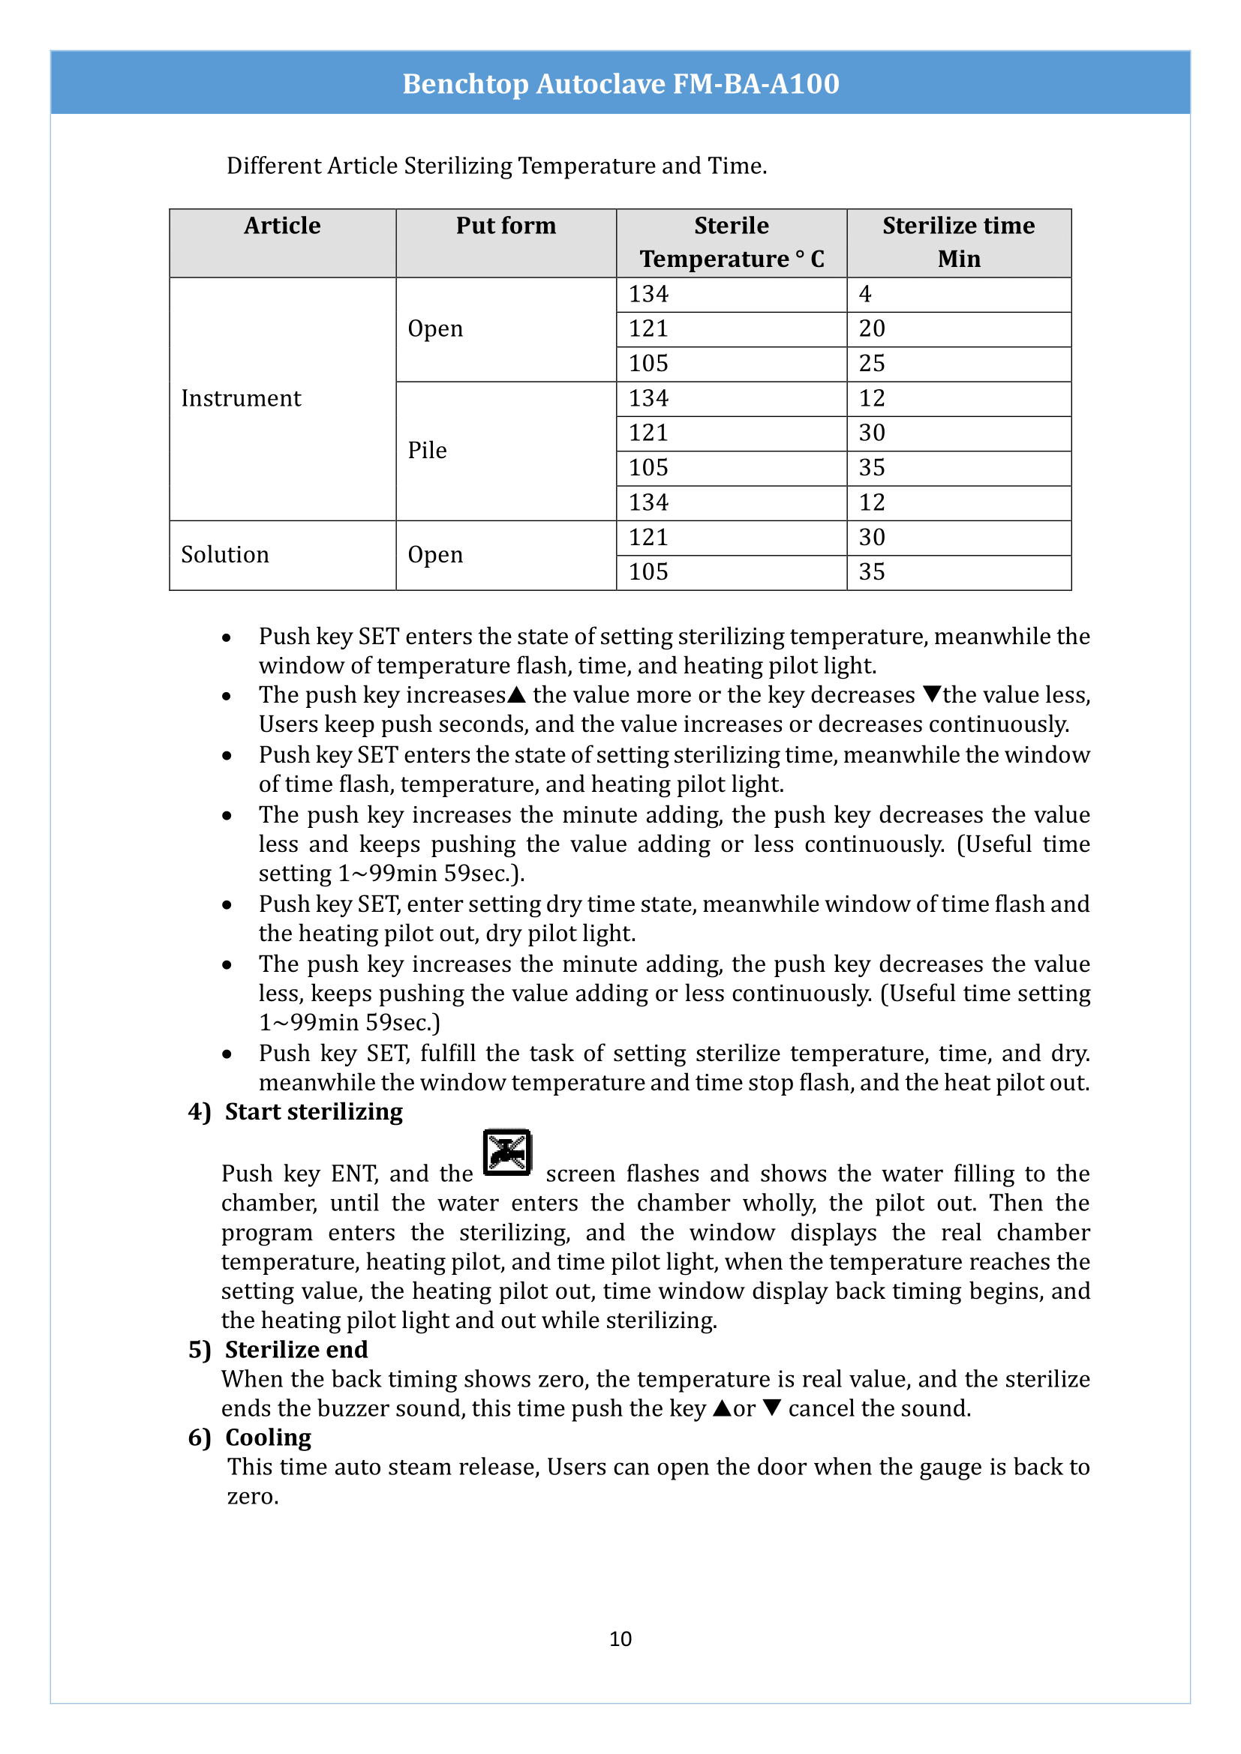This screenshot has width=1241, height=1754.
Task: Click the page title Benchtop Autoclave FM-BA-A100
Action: (x=620, y=83)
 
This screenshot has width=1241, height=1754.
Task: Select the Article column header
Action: (x=282, y=226)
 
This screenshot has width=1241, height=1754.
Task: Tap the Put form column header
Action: (x=506, y=226)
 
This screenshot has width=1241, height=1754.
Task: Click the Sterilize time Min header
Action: (x=958, y=241)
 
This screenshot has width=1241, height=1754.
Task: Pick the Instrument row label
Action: (x=242, y=399)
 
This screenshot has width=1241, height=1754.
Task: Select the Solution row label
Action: (x=225, y=555)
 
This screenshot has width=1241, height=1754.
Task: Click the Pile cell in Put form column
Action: (x=427, y=451)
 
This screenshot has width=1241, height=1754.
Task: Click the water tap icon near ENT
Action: (x=506, y=1152)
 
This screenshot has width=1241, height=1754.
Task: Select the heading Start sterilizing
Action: (x=314, y=1112)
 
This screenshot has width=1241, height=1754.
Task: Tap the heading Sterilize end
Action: (x=296, y=1350)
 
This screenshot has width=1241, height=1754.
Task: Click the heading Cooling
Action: (x=268, y=1438)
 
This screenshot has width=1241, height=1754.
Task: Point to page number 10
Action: (x=620, y=1639)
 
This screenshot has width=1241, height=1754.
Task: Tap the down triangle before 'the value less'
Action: (x=932, y=694)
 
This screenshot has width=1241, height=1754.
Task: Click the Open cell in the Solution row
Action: (x=436, y=555)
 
